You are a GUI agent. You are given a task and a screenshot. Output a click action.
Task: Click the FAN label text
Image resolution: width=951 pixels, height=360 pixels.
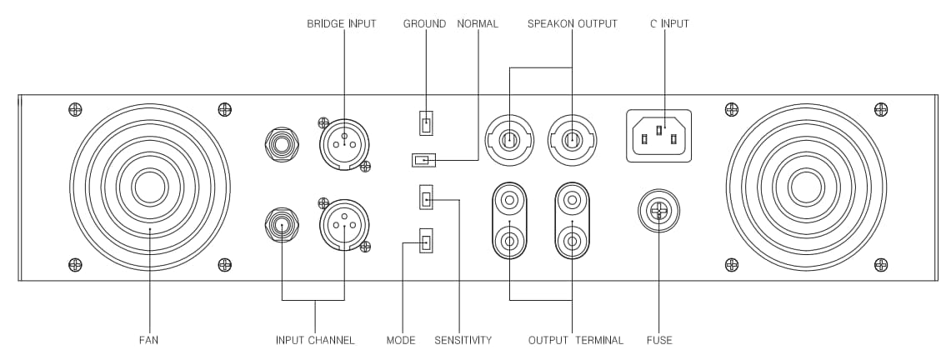tap(148, 340)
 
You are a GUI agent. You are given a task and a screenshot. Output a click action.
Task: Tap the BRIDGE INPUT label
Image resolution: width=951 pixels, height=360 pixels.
tap(342, 24)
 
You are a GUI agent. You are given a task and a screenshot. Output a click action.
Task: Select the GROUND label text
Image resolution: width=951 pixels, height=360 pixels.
tap(424, 24)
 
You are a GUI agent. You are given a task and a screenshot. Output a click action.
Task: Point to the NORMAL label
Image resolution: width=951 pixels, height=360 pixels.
tap(478, 24)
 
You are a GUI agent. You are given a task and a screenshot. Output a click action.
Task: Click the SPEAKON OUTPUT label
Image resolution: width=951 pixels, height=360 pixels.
tap(573, 24)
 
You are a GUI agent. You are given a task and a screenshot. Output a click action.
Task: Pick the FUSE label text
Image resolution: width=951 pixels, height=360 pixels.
tap(658, 340)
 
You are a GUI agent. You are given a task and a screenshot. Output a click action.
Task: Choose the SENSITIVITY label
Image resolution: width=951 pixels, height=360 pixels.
tap(463, 340)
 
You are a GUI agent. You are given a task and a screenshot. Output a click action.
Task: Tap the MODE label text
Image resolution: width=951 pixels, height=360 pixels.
tap(401, 340)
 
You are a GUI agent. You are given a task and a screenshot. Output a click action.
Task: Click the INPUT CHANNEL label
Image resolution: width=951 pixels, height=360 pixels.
tap(315, 340)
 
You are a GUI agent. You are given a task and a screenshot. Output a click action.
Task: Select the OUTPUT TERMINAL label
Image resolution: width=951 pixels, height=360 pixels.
tap(576, 340)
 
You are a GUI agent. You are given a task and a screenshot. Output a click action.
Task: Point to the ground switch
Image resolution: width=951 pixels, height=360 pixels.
tap(426, 123)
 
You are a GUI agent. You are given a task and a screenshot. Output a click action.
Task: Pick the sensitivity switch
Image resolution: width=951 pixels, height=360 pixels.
tap(426, 198)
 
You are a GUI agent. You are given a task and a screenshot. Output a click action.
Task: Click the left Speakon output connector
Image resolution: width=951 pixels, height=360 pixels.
tap(509, 138)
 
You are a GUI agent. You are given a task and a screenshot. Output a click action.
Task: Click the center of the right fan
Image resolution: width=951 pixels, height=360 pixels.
tap(806, 187)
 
